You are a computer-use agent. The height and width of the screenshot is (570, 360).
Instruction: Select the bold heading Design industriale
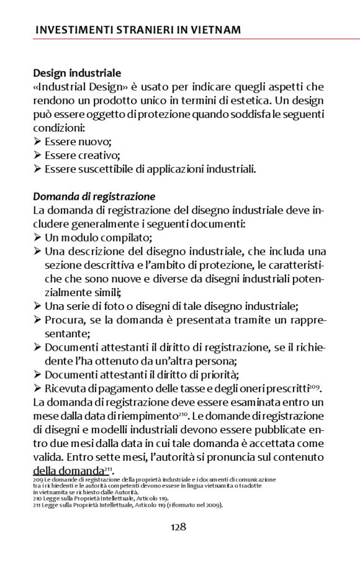pyautogui.click(x=77, y=73)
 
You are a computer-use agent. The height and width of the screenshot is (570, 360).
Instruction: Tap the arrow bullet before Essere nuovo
pyautogui.click(x=37, y=142)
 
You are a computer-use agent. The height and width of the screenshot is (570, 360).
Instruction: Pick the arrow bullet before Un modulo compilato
pyautogui.click(x=37, y=237)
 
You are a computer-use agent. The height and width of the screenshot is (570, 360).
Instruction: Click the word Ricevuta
pyautogui.click(x=66, y=389)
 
